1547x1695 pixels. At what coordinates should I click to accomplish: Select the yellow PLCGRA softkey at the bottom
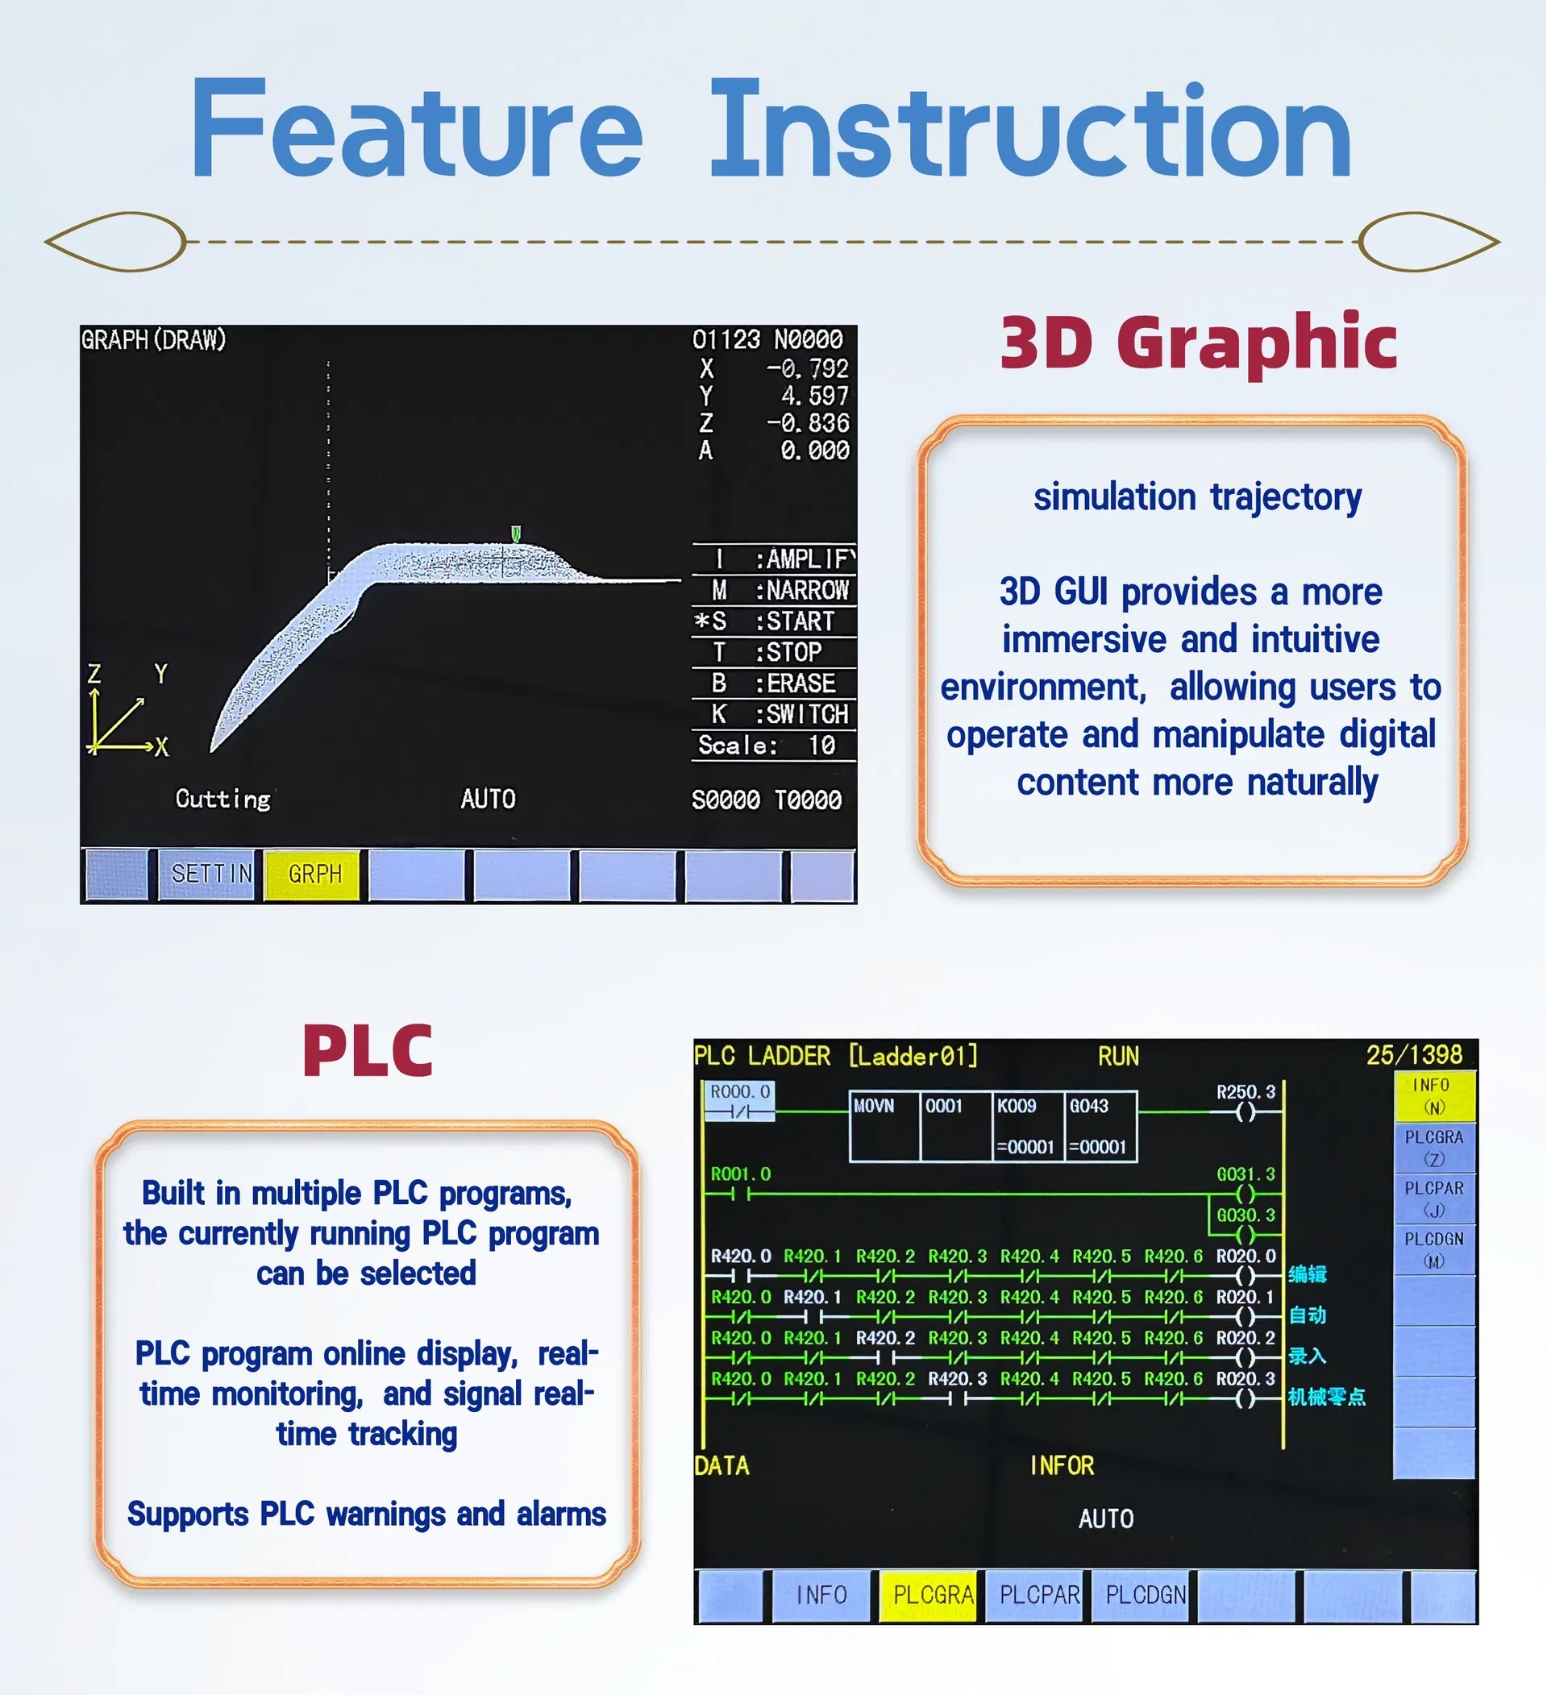pos(931,1595)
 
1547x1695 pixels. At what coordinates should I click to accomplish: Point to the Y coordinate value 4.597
pos(814,396)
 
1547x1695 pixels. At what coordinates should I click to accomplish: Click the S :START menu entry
pos(771,621)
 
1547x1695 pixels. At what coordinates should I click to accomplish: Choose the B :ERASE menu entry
pos(771,683)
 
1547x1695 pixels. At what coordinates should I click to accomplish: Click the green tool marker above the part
pos(516,534)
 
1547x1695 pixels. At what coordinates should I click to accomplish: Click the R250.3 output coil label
pos(1246,1092)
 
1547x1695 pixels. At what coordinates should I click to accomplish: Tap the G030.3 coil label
pos(1246,1215)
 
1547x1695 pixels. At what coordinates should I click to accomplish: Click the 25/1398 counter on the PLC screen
pos(1414,1055)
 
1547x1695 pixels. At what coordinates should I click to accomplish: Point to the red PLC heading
pos(368,1051)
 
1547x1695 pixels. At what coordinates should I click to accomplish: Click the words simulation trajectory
pos(1197,497)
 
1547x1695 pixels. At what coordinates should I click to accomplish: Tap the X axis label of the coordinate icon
pos(161,746)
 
